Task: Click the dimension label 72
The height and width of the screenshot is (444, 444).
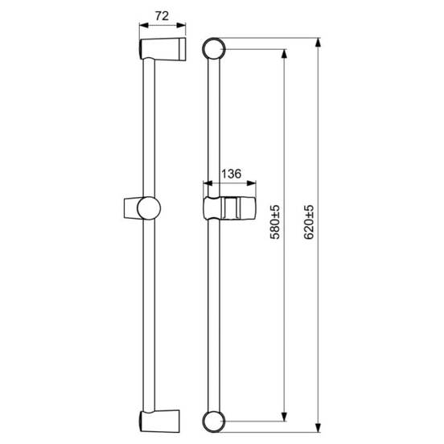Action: coord(162,16)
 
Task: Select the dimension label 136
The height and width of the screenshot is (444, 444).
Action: coord(232,174)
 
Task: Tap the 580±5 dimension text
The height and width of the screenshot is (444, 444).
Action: coord(274,222)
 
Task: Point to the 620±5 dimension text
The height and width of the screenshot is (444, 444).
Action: coord(309,222)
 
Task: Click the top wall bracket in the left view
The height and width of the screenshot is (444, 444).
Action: coord(162,49)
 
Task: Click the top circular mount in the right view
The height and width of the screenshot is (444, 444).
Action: coord(214,49)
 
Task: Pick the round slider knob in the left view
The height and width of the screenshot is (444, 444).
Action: coord(149,208)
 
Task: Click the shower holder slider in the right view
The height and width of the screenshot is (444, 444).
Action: coord(229,208)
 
